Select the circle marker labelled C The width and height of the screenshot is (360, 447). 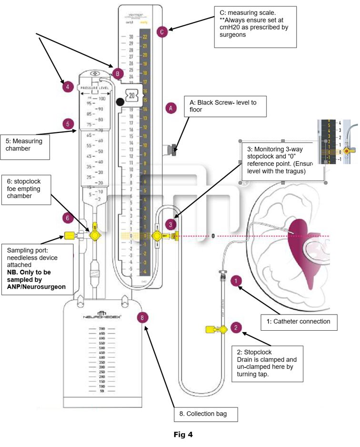162,32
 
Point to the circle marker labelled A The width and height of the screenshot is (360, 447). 170,108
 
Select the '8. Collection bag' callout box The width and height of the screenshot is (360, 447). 206,414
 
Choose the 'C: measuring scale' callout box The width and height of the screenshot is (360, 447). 255,27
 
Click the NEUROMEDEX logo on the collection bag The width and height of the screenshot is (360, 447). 102,315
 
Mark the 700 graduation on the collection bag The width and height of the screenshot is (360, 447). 101,329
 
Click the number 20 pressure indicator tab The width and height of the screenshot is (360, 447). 132,95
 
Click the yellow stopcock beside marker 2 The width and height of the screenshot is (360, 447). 218,329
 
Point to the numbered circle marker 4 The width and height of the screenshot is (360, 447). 68,87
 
